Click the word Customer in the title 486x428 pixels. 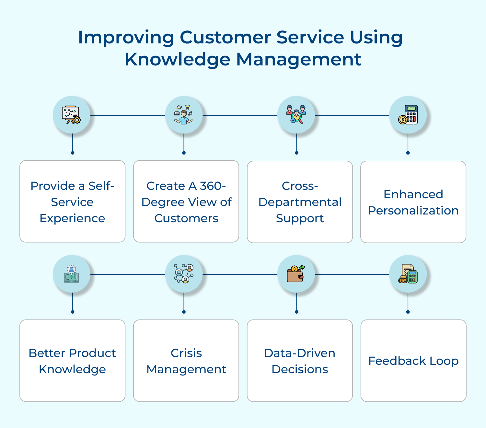pos(225,37)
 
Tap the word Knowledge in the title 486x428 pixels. pos(178,60)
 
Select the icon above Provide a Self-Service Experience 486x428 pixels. pos(72,115)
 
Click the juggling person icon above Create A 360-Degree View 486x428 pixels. pos(184,115)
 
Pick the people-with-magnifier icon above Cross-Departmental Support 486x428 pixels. pos(296,115)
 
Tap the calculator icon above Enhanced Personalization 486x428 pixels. pos(408,115)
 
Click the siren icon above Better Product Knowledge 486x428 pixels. pos(72,274)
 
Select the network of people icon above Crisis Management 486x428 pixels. pos(184,274)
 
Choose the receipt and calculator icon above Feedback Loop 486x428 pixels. pos(408,274)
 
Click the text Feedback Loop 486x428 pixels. pos(413,361)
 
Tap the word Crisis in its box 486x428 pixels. pos(186,353)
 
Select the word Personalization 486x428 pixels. pos(413,211)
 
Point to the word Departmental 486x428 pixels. pos(300,202)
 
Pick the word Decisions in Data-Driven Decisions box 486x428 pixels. pos(300,369)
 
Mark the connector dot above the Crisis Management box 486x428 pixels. pos(184,312)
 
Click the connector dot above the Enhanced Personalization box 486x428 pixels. pos(408,153)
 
